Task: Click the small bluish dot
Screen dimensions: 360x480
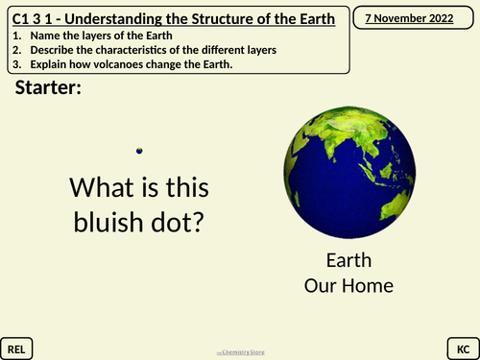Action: (140, 150)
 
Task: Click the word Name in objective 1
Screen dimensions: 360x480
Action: (41, 35)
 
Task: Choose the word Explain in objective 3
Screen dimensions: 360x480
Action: (46, 65)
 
